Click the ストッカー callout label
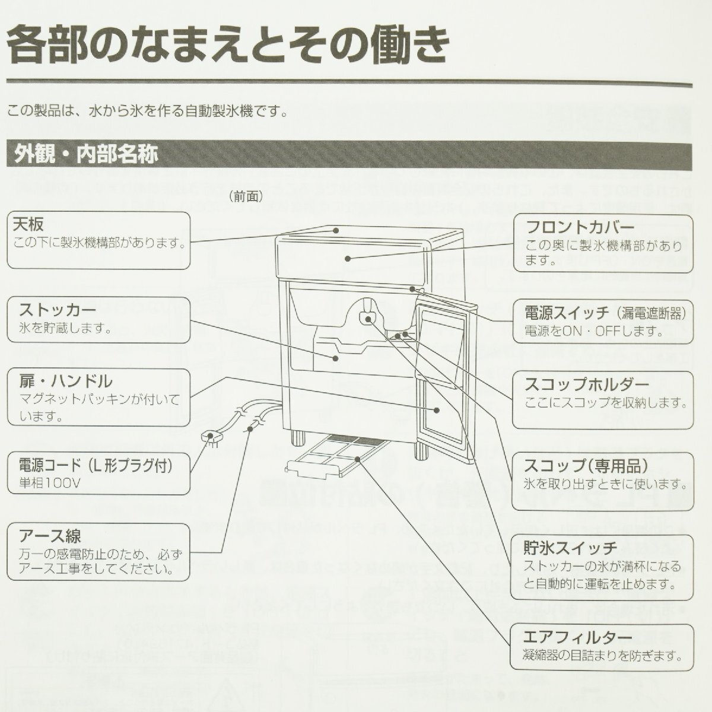(x=58, y=310)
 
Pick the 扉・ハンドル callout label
(x=65, y=381)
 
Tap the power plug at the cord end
(x=209, y=438)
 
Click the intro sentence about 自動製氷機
(x=148, y=111)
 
